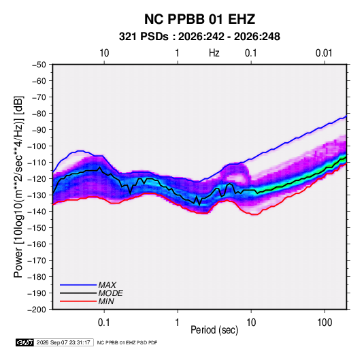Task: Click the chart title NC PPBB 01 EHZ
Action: (199, 19)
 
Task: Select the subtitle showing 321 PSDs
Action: (199, 37)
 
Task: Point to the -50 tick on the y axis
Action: (39, 65)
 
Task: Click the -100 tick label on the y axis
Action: (37, 146)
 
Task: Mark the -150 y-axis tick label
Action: (37, 228)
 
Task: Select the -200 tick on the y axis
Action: (37, 310)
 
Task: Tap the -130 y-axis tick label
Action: (37, 195)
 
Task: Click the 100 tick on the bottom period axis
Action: (325, 323)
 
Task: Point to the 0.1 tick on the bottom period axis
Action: (104, 323)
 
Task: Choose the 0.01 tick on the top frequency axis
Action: (324, 53)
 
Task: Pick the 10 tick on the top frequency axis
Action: (104, 53)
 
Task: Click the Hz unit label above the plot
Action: (214, 53)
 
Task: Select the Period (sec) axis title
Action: (214, 330)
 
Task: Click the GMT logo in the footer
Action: (24, 342)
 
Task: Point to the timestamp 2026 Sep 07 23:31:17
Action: (63, 342)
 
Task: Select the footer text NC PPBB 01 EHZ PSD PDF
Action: (127, 342)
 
